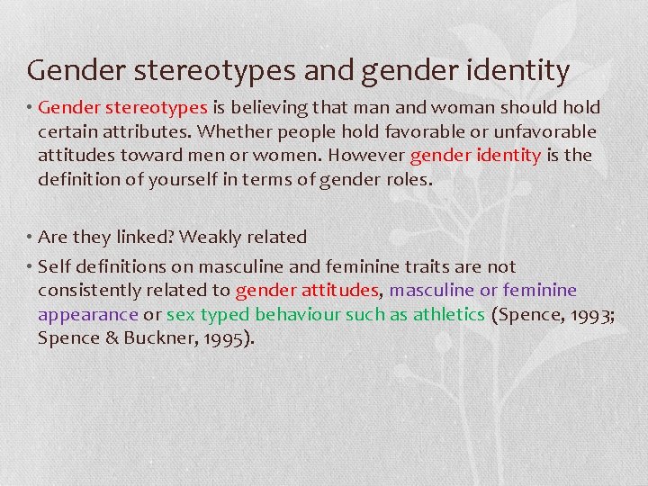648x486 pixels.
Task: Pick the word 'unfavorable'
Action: point(545,131)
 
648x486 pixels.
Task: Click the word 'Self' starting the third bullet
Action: point(53,266)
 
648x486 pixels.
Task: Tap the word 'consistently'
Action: point(86,290)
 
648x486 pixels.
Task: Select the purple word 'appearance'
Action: point(88,314)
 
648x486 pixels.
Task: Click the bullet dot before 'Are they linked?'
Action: point(30,237)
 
